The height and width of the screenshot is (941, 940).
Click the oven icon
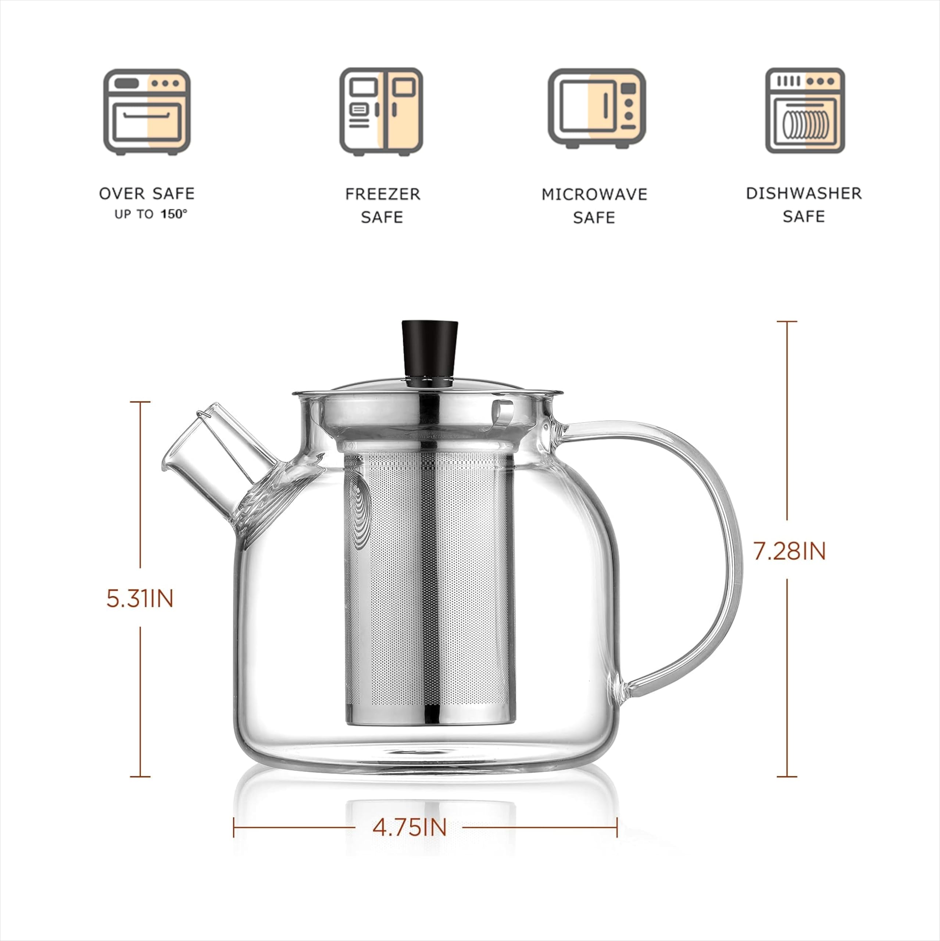pyautogui.click(x=147, y=111)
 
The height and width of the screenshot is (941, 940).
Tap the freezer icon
pyautogui.click(x=381, y=111)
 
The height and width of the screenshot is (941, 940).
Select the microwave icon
pyautogui.click(x=596, y=108)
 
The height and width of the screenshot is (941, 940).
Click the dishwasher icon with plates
pyautogui.click(x=805, y=111)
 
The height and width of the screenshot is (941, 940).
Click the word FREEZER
pyautogui.click(x=382, y=194)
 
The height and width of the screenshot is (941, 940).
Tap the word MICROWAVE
pyautogui.click(x=594, y=194)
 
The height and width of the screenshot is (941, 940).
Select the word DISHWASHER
pyautogui.click(x=804, y=193)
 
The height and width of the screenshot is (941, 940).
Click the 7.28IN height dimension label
pyautogui.click(x=789, y=551)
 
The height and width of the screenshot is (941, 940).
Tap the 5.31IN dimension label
pyautogui.click(x=140, y=598)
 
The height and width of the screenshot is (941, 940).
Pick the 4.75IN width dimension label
pyautogui.click(x=409, y=827)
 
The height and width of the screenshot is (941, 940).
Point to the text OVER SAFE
pyautogui.click(x=147, y=193)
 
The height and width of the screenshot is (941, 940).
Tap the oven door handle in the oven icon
pyautogui.click(x=147, y=116)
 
